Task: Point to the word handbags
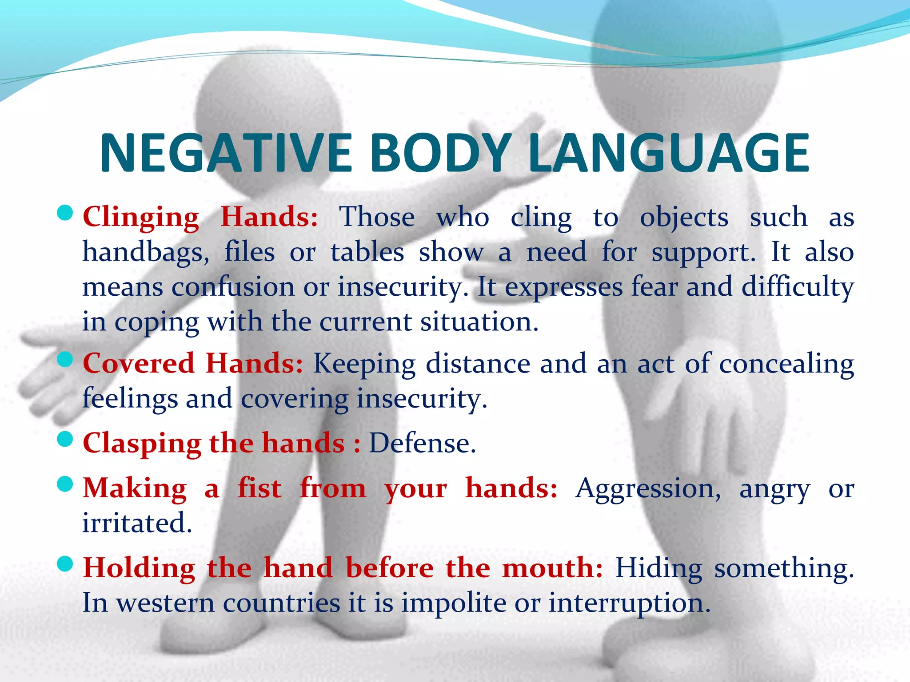(146, 252)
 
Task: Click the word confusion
(233, 287)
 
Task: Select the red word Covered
(139, 363)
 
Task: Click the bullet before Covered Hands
(65, 359)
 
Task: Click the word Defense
(422, 443)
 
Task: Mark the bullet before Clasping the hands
(65, 439)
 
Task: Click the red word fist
(259, 488)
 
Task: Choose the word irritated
(137, 523)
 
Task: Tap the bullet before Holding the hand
(65, 564)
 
